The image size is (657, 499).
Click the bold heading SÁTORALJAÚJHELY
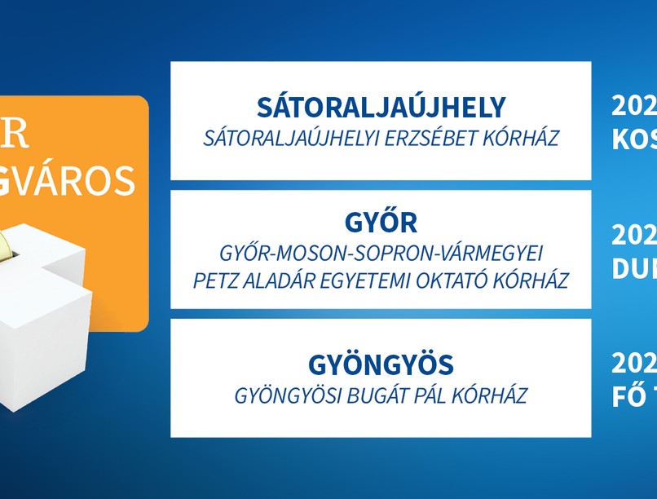point(381,108)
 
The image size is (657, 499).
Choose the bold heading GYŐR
point(381,223)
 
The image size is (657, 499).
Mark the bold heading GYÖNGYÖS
point(381,364)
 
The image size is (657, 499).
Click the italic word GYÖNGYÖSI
point(285,396)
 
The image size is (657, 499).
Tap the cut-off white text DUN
point(634,269)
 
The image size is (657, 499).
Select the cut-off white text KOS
point(634,140)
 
